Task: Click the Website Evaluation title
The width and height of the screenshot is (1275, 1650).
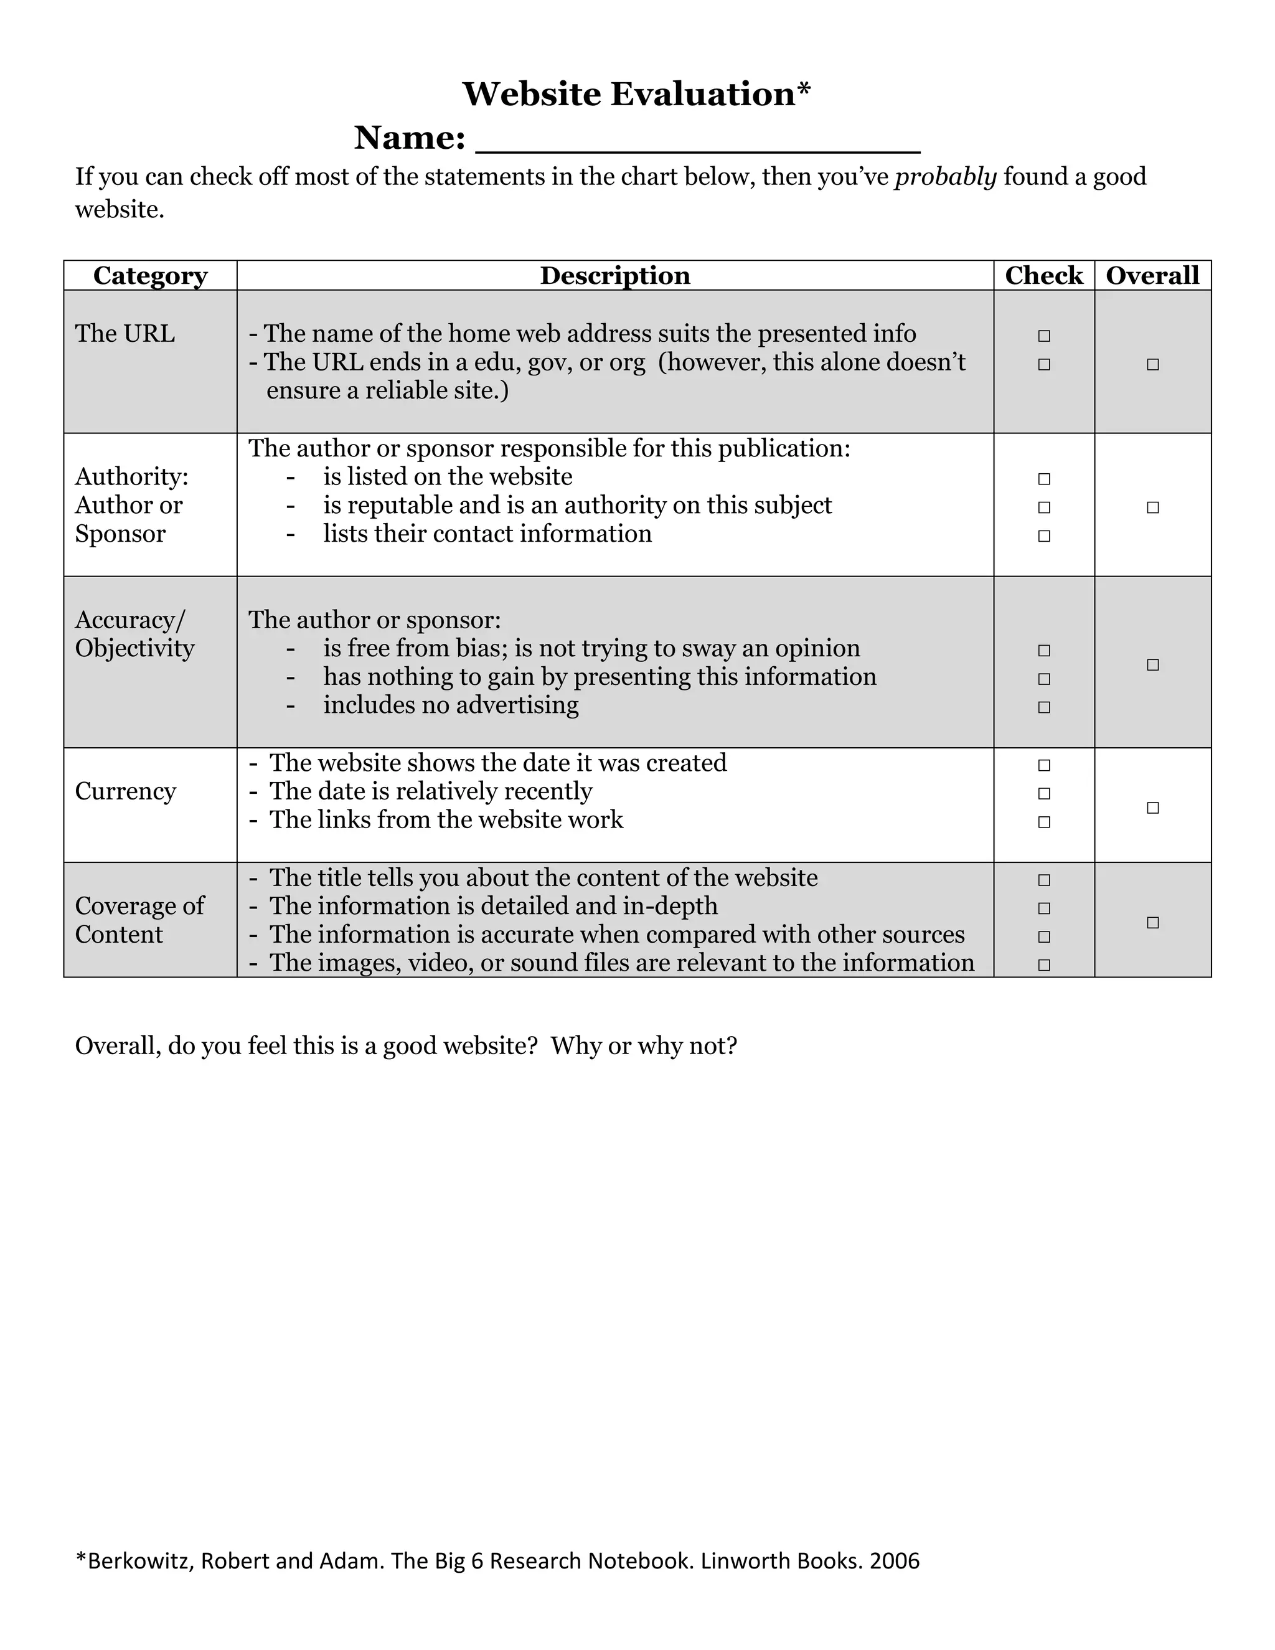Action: tap(636, 95)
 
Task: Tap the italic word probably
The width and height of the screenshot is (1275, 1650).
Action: tap(945, 177)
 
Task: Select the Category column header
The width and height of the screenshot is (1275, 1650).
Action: tap(149, 276)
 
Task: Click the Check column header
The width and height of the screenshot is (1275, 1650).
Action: tap(1043, 276)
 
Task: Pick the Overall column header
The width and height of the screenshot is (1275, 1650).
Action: tap(1152, 276)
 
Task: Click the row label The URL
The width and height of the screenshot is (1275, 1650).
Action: tap(125, 333)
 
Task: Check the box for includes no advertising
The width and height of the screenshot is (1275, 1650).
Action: tap(1044, 707)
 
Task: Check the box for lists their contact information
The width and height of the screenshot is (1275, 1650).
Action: tap(1044, 535)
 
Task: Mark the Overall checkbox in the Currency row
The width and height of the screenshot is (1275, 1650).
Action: tap(1152, 808)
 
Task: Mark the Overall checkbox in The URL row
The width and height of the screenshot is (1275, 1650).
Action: tap(1152, 364)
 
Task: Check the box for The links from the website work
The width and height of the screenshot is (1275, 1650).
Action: tap(1044, 822)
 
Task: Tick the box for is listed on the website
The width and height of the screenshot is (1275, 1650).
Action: tap(1044, 478)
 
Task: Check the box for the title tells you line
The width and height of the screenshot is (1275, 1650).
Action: tap(1044, 879)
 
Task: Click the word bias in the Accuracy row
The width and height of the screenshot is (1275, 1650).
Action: tap(484, 648)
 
